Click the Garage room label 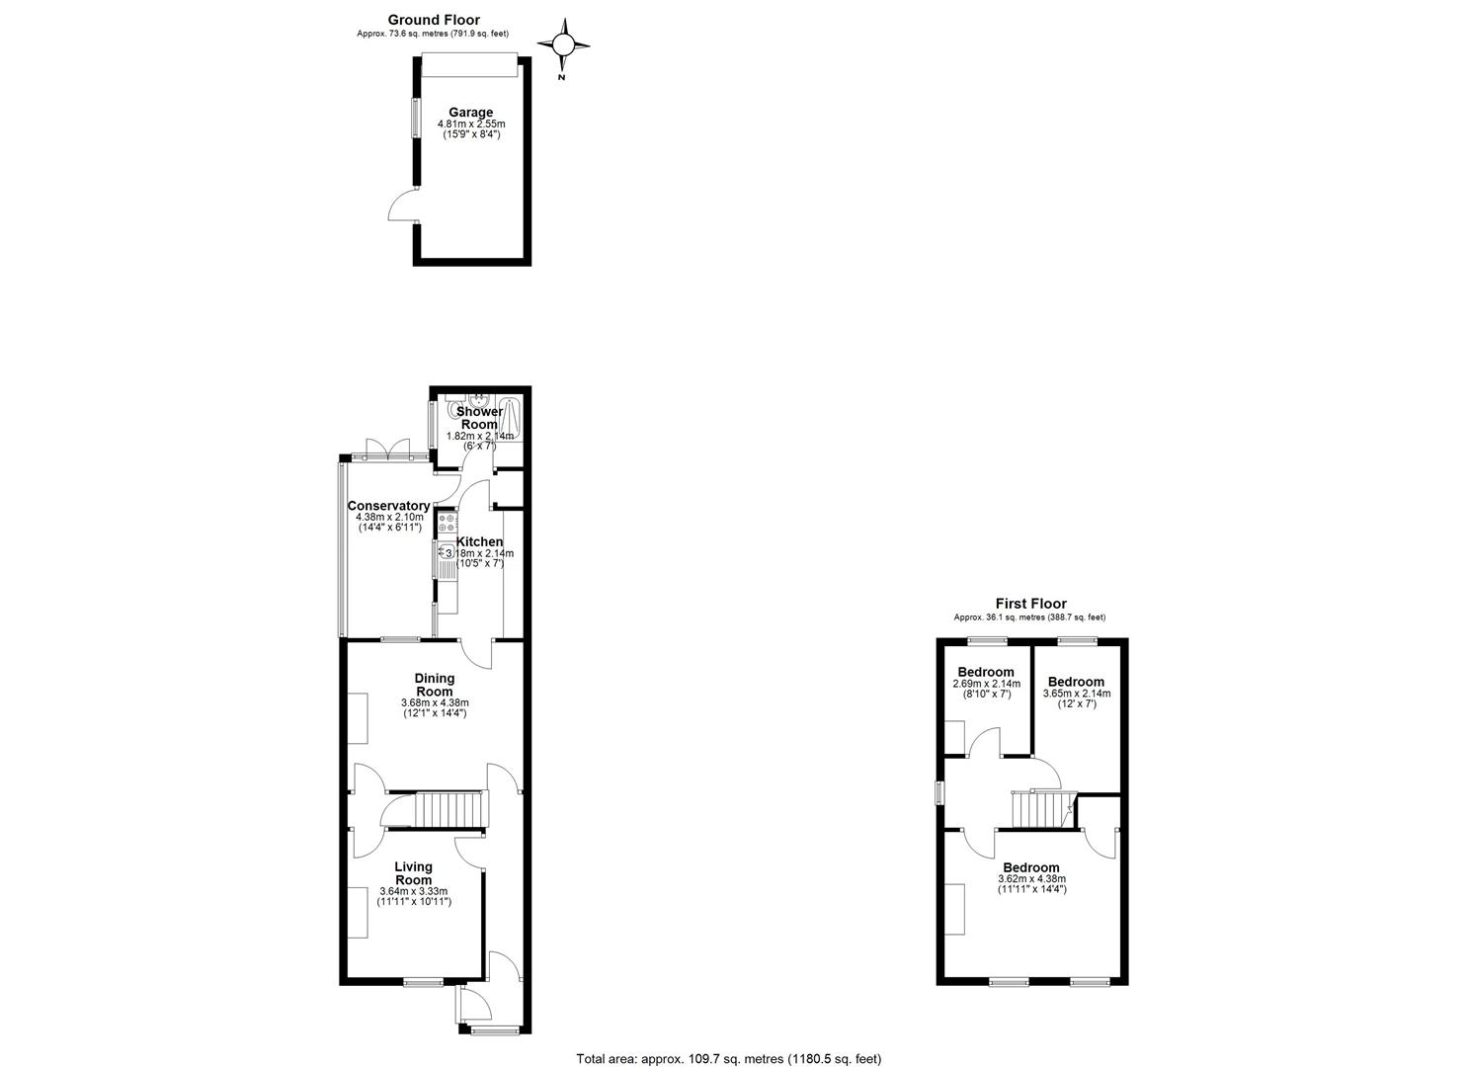coord(470,113)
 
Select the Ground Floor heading coord(434,21)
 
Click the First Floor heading coord(1030,604)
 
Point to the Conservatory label coord(388,506)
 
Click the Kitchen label coord(479,541)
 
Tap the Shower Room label coord(479,418)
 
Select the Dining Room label coord(435,685)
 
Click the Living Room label coord(413,873)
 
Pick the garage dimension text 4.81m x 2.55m coord(471,123)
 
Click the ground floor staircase coord(451,809)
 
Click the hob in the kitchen coord(448,523)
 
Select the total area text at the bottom coord(728,1040)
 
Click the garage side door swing coord(403,205)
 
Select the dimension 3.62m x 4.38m coord(1031,879)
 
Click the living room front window coord(423,982)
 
